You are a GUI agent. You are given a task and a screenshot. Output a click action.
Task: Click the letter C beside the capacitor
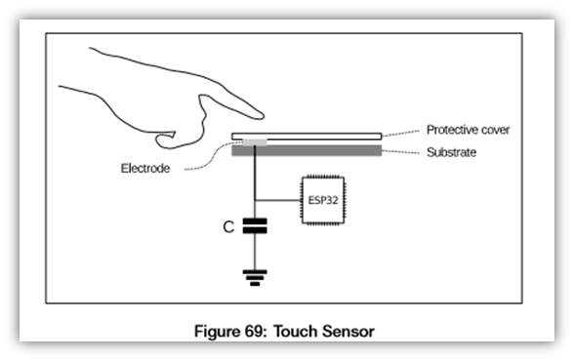click(227, 227)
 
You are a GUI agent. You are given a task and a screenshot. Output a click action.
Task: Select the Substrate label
click(451, 152)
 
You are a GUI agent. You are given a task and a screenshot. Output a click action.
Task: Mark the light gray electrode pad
click(251, 142)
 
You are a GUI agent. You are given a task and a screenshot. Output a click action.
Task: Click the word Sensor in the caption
click(350, 333)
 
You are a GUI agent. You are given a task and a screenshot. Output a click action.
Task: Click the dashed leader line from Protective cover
click(402, 133)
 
